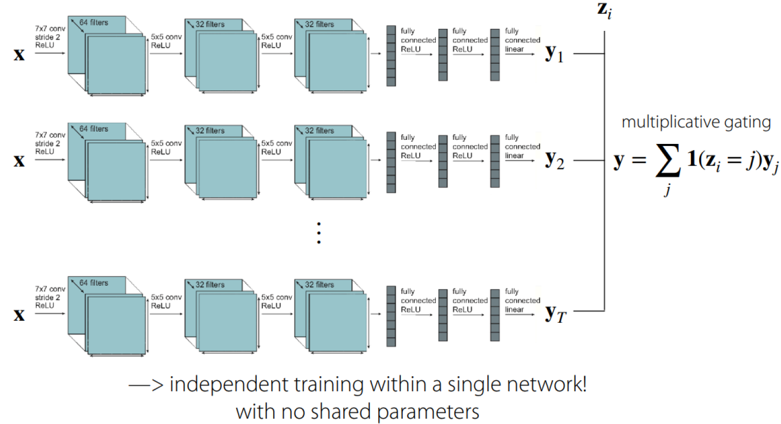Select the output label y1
coord(554,53)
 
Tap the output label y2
coord(554,160)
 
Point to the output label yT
coord(555,313)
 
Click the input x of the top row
coord(19,54)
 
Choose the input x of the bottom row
coord(19,314)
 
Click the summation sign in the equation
coord(667,160)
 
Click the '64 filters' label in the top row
coord(94,23)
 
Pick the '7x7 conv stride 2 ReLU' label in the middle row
coord(50,143)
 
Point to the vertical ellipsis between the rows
coord(319,233)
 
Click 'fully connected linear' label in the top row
coord(522,40)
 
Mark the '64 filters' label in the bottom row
coord(94,283)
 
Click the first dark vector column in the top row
coord(391,56)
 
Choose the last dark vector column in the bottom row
coord(495,315)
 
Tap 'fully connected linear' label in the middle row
coord(522,146)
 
